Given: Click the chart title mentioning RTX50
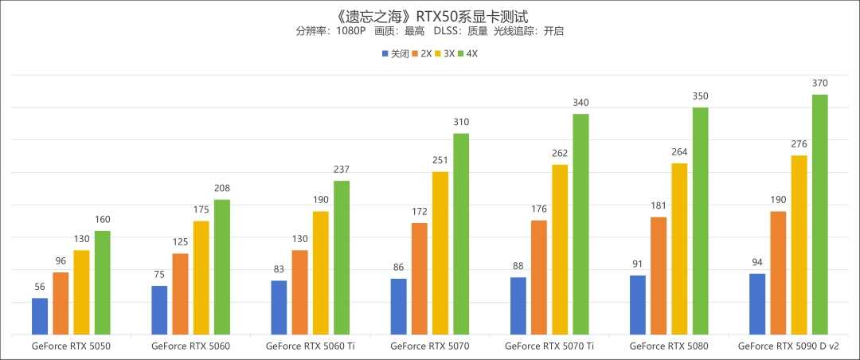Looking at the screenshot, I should [x=429, y=15].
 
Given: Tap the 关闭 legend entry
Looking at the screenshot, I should [x=396, y=54].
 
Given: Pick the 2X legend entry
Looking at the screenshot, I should [x=422, y=54].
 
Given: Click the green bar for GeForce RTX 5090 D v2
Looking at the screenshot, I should [x=819, y=214].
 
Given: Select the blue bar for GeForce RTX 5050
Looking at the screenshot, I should [x=40, y=316].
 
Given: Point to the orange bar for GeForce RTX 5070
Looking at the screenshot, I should [x=419, y=279].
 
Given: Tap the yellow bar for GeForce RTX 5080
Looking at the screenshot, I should [x=679, y=248].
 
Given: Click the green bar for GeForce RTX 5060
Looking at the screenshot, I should [x=221, y=267].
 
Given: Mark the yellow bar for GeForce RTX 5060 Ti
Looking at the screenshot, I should [x=320, y=272].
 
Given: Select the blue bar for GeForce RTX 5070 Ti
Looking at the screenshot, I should [x=518, y=306].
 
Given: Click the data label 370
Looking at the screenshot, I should [x=819, y=84].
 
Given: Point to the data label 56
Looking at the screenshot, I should [x=40, y=288].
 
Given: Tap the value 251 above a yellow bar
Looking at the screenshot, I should [x=440, y=161].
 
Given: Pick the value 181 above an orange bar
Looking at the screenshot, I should [x=659, y=206].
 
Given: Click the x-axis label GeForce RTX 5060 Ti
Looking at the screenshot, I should [x=310, y=346].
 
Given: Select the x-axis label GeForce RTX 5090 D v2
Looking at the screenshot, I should [x=788, y=346].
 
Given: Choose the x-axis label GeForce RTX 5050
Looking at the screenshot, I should [x=71, y=346].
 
